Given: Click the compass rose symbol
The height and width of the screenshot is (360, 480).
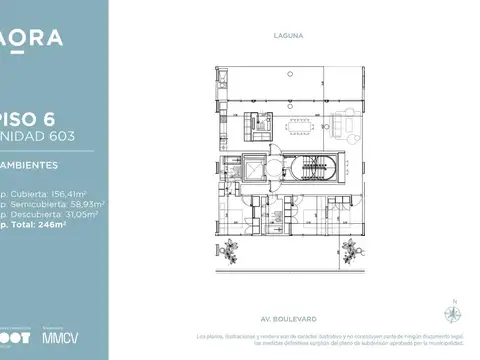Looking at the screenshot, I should (x=456, y=311).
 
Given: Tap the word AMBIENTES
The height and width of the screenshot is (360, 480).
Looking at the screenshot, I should (x=30, y=163).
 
